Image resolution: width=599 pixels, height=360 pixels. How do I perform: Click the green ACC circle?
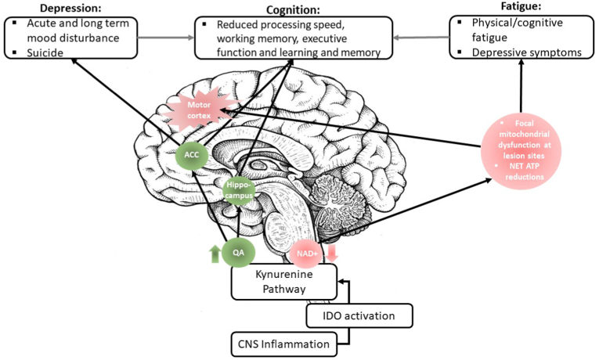(x=192, y=155)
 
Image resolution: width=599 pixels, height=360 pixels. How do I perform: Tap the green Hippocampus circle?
(x=239, y=190)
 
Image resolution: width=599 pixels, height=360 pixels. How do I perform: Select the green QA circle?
(x=238, y=252)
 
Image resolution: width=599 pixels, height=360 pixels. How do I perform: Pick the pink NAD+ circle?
(x=305, y=253)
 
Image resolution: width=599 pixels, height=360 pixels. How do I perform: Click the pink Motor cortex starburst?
(x=199, y=110)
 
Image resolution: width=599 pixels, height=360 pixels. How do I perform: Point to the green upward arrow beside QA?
(x=215, y=254)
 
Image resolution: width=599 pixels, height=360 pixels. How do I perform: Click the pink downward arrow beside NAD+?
(x=331, y=253)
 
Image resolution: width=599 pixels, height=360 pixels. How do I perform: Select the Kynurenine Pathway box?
(x=284, y=282)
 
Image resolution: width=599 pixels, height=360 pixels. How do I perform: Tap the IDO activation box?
(x=359, y=315)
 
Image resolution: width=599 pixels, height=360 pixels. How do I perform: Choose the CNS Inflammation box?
(x=283, y=344)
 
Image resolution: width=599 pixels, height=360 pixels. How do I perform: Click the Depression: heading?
(x=70, y=9)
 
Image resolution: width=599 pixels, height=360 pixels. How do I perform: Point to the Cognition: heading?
(x=293, y=9)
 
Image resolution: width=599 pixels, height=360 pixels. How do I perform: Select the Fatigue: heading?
(x=521, y=7)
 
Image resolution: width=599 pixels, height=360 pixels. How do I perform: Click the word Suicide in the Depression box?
(x=45, y=52)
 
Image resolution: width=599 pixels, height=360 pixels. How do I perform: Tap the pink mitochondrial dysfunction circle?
(x=521, y=151)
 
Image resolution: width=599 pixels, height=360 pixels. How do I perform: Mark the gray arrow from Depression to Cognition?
(x=166, y=38)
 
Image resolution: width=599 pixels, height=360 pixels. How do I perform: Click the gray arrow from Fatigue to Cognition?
(x=421, y=38)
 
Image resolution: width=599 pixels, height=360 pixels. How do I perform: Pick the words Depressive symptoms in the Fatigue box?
(x=526, y=52)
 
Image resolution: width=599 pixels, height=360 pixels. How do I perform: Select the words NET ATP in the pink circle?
(x=524, y=166)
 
